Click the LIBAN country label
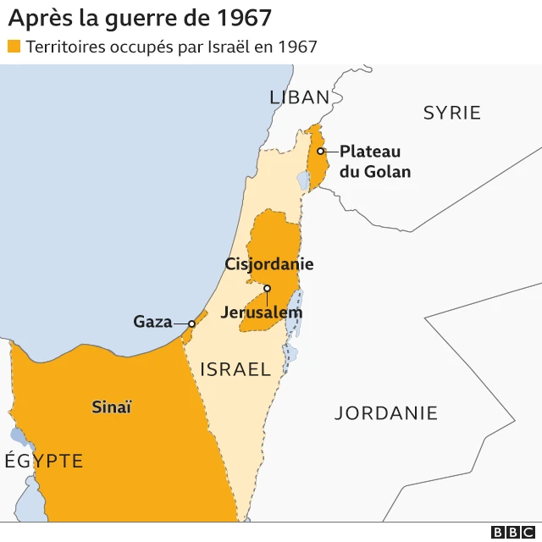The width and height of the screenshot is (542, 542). (299, 97)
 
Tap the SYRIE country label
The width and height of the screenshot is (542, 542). (451, 113)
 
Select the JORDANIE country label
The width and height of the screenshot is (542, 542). (386, 413)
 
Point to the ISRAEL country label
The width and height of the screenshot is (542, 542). (235, 369)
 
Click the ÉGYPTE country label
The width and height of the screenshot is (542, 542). (44, 461)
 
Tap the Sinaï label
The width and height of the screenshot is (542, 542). (112, 407)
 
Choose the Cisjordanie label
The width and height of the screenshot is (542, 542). (269, 264)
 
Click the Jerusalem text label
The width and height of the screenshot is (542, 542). (261, 312)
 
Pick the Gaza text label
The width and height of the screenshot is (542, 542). (152, 322)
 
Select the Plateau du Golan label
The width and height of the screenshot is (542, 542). (375, 162)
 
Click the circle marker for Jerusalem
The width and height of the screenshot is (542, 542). (267, 289)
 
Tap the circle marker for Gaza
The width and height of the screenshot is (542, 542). (192, 323)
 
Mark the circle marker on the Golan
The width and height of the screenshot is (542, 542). (321, 152)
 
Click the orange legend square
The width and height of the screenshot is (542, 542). (14, 46)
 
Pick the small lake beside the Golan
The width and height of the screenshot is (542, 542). (302, 180)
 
